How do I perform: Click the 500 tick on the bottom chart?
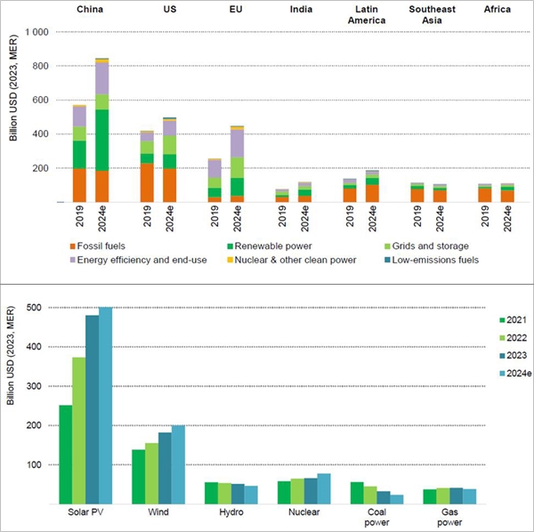[x=36, y=308]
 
